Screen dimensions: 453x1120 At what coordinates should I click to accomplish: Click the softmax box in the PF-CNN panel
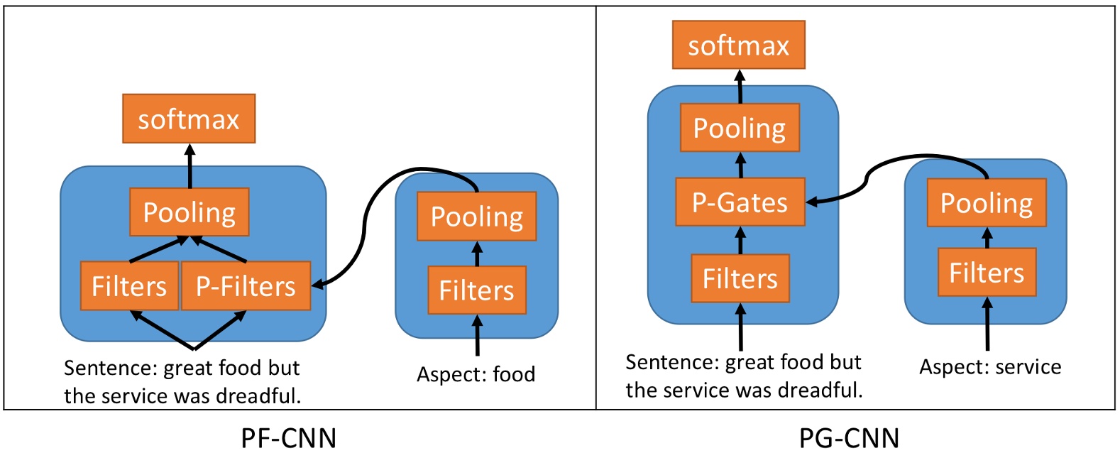tap(189, 119)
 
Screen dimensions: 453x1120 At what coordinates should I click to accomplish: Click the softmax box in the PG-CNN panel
tap(738, 45)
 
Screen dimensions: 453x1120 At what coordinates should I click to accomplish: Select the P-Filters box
tap(246, 286)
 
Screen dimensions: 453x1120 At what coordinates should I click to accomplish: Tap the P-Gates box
tap(740, 202)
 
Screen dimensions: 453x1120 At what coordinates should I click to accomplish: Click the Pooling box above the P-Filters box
tap(189, 212)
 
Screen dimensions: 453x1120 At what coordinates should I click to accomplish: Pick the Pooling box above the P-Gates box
tap(740, 128)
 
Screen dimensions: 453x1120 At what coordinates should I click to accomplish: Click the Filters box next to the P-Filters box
tap(129, 286)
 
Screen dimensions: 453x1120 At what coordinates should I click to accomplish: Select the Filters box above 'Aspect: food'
tap(476, 290)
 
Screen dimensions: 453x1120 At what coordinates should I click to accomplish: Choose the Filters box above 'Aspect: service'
tap(987, 273)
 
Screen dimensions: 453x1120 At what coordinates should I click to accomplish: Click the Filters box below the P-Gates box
tap(740, 278)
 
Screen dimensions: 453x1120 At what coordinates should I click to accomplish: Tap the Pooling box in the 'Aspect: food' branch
tap(476, 217)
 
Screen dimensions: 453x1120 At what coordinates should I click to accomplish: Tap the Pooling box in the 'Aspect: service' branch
tap(987, 203)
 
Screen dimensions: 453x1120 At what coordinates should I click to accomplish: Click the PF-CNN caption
tap(288, 437)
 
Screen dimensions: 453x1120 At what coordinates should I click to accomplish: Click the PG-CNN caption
tap(849, 437)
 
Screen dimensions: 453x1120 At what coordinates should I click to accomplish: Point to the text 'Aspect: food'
tap(476, 374)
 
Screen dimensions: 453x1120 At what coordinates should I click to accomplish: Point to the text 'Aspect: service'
tap(990, 367)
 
